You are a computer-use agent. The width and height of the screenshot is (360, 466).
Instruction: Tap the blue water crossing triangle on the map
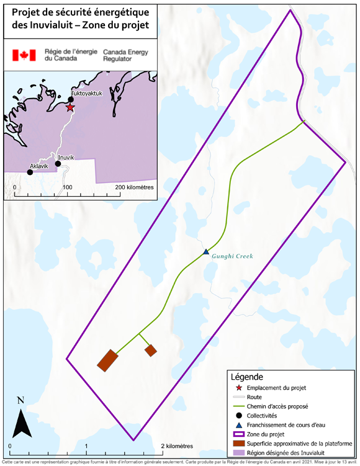pyautogui.click(x=206, y=251)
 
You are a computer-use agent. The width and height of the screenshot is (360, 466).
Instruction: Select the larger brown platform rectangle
pyautogui.click(x=107, y=360)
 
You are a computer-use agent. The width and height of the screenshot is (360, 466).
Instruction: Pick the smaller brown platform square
pyautogui.click(x=151, y=351)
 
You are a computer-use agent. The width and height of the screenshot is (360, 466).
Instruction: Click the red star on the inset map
pyautogui.click(x=70, y=107)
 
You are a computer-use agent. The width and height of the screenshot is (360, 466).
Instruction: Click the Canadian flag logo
pyautogui.click(x=24, y=55)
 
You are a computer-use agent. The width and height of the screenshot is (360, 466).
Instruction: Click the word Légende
pyautogui.click(x=247, y=377)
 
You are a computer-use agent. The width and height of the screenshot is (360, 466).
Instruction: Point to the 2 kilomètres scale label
pyautogui.click(x=179, y=446)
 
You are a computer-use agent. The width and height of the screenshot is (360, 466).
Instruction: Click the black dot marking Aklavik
pyautogui.click(x=30, y=172)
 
